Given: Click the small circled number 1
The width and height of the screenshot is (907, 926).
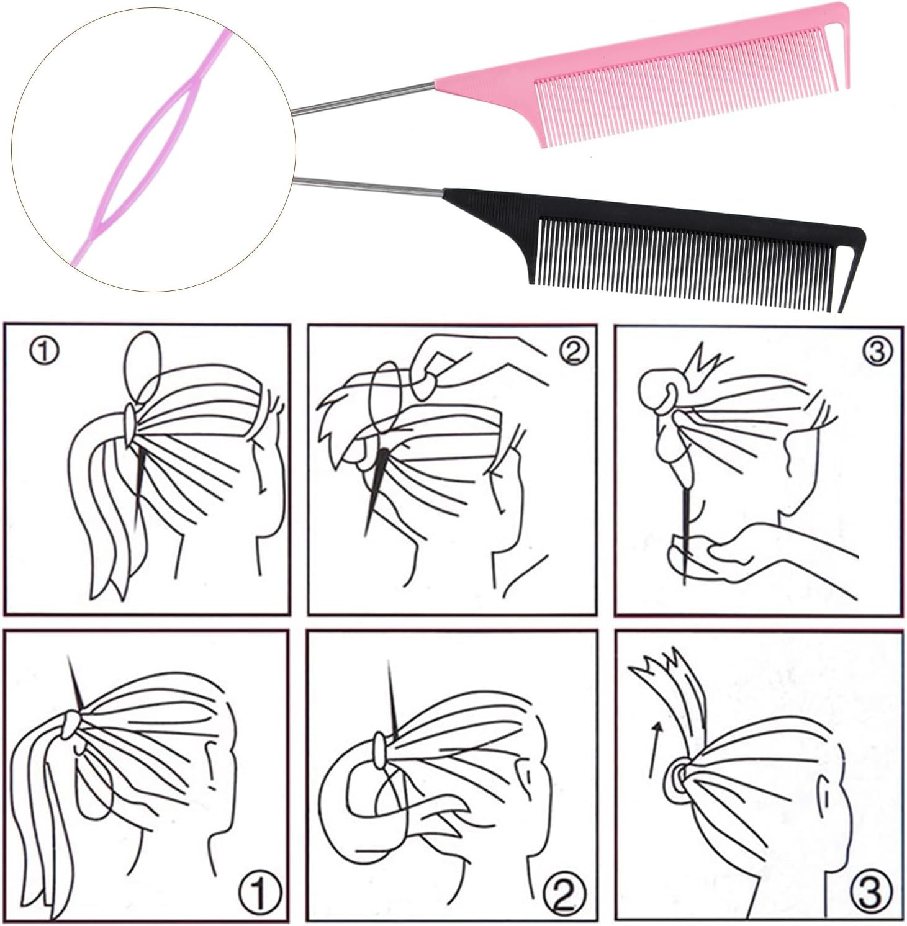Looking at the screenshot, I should click(45, 353).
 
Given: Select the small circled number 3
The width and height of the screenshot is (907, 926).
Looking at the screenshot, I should click(876, 352).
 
